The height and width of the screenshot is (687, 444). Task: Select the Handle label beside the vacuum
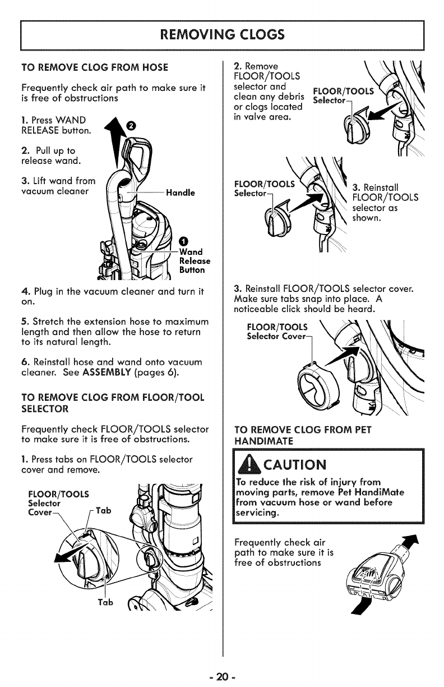coord(180,193)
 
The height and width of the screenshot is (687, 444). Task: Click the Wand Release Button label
coord(194,261)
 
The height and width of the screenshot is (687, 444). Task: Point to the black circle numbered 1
coord(184,238)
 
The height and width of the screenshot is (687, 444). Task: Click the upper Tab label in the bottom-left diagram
coord(104,510)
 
